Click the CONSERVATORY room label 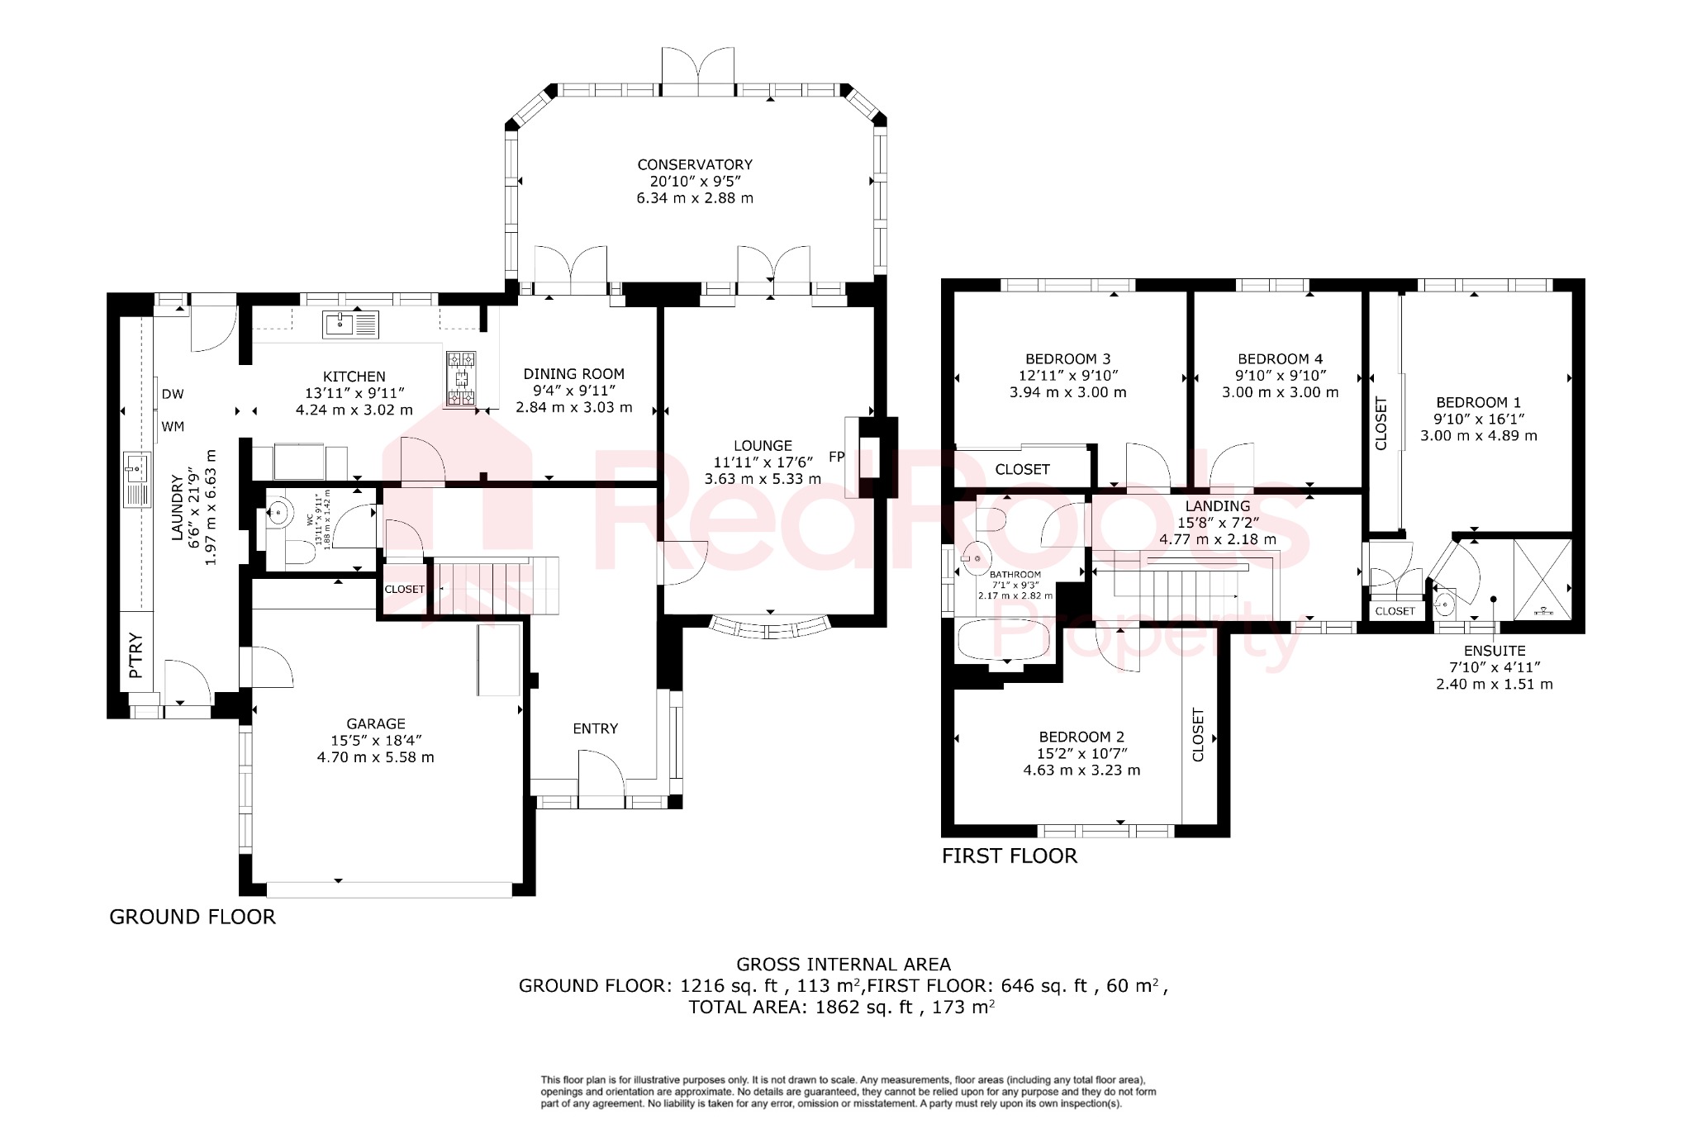(695, 164)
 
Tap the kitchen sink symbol (350, 325)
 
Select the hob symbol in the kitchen (461, 379)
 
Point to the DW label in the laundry (173, 394)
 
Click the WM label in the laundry (173, 426)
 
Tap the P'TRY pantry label (136, 655)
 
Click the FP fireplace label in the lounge (836, 456)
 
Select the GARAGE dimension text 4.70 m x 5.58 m (375, 757)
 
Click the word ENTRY (595, 728)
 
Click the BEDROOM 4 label (1280, 358)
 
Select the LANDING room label (1217, 505)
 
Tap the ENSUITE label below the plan (1494, 651)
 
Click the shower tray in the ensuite (1542, 578)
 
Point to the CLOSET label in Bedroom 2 (1199, 734)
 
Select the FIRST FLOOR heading (1010, 856)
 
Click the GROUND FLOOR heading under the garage (192, 917)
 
